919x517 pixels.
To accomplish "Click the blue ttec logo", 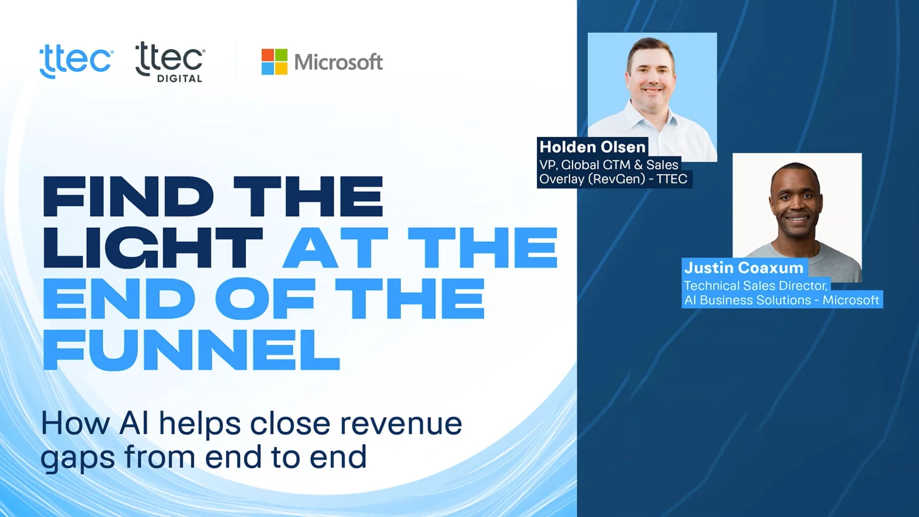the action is pyautogui.click(x=76, y=61).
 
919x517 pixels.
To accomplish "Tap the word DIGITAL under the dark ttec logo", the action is pyautogui.click(x=179, y=78).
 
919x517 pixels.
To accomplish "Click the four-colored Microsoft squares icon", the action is pyautogui.click(x=274, y=62).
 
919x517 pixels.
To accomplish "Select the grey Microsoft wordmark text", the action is pyautogui.click(x=338, y=62).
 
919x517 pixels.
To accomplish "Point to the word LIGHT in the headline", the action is pyautogui.click(x=153, y=248).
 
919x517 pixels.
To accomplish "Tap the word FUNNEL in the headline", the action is pyautogui.click(x=191, y=350).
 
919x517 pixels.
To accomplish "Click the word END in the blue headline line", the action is pyautogui.click(x=119, y=299).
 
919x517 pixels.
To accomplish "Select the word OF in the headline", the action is pyautogui.click(x=265, y=299).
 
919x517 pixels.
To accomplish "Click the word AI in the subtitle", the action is pyautogui.click(x=134, y=423).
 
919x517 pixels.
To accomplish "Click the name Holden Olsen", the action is pyautogui.click(x=592, y=147).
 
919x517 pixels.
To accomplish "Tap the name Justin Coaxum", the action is pyautogui.click(x=744, y=267).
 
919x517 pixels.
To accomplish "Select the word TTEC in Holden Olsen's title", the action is pyautogui.click(x=672, y=179).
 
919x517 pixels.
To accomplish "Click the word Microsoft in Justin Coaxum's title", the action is pyautogui.click(x=850, y=300).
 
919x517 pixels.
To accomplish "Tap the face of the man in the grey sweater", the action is pyautogui.click(x=796, y=202).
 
